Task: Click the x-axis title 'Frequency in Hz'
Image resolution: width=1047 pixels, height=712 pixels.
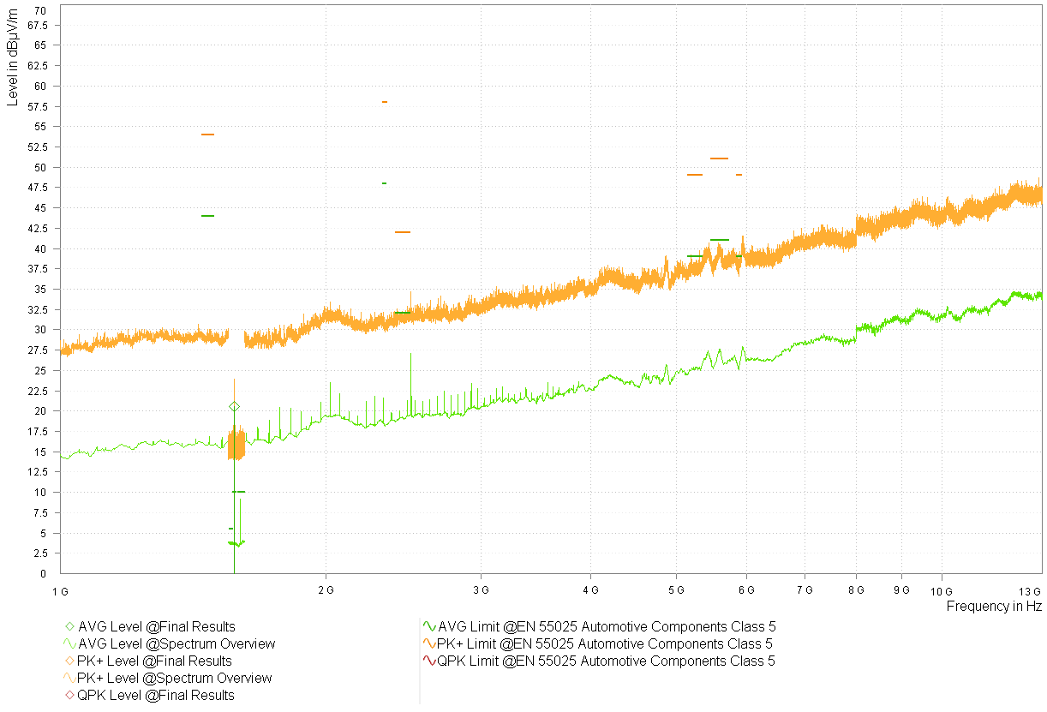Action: (x=994, y=607)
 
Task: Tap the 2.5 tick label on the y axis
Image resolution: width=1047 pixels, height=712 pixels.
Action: (x=39, y=553)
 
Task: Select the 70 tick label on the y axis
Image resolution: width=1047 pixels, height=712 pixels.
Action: (x=41, y=9)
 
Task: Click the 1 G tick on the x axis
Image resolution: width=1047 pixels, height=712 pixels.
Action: (x=60, y=590)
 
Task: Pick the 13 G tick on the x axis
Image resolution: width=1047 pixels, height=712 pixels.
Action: (x=1031, y=590)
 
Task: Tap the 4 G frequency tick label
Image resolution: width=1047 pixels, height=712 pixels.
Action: (x=589, y=590)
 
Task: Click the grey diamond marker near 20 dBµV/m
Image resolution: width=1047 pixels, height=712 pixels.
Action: (x=234, y=406)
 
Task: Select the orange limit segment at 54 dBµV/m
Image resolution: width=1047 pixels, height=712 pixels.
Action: (x=207, y=135)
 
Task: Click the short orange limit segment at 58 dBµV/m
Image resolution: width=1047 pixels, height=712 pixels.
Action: (x=385, y=102)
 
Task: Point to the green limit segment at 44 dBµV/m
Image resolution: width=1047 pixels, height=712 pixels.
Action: (x=207, y=216)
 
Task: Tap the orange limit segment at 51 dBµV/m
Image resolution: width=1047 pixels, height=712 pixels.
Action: (x=719, y=159)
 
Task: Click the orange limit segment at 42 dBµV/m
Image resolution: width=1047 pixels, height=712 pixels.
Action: (x=403, y=232)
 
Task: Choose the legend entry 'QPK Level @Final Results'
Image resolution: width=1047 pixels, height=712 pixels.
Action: (x=155, y=696)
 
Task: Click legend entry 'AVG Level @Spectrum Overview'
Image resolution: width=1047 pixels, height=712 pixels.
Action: (x=176, y=644)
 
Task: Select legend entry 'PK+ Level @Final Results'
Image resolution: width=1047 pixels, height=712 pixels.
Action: (x=154, y=661)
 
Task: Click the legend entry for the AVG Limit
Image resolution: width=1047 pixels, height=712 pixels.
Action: (x=607, y=627)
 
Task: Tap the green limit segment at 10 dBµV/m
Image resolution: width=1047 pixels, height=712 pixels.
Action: (x=239, y=492)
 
